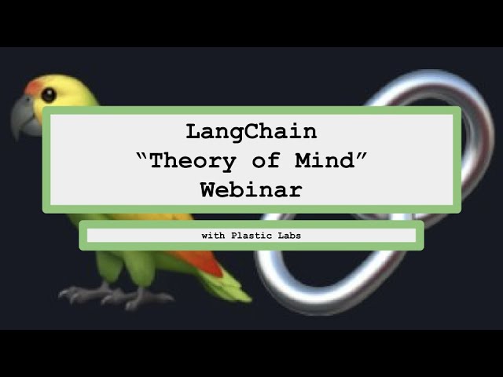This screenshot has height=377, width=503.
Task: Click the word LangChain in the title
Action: pos(251,132)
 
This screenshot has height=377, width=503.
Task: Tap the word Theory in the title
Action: pos(193,162)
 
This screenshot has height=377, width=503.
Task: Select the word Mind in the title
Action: pos(325,160)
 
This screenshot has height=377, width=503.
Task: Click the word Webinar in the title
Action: pos(251,190)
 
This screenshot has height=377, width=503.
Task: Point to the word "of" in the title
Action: pos(266,160)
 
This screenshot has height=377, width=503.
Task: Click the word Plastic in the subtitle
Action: pos(251,236)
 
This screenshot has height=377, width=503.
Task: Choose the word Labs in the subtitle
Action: pos(289,236)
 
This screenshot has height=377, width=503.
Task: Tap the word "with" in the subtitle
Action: pos(213,236)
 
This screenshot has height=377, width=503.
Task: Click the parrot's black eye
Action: pos(49,94)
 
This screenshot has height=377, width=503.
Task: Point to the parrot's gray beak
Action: pos(24,117)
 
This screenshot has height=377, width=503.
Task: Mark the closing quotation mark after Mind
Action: pos(362,156)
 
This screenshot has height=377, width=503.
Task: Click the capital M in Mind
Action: pos(304,160)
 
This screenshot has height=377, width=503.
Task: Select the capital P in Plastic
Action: pos(234,236)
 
